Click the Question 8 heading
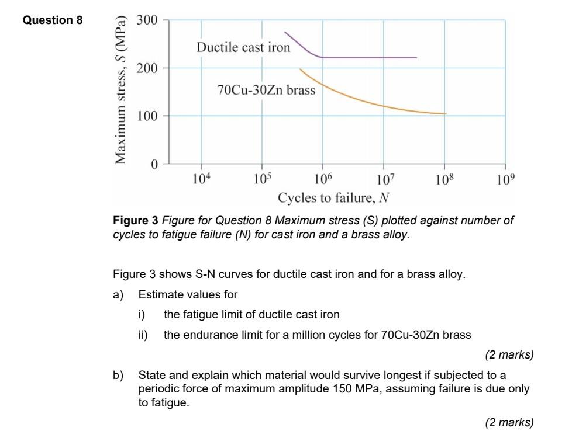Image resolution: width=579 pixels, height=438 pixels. point(53,20)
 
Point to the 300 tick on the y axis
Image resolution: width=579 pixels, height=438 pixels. point(147,20)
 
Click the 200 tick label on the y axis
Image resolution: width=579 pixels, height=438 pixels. point(147,68)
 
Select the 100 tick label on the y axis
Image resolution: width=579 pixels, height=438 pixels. point(147,116)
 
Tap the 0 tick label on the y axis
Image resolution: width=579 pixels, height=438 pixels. point(154,165)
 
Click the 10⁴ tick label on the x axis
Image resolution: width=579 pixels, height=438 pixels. point(200,179)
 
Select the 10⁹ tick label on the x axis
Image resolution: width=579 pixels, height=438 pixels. point(506,179)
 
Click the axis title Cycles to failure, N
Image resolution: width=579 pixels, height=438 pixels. point(333,198)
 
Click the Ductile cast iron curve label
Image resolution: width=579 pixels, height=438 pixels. point(243,47)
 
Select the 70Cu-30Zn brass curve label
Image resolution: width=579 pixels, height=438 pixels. point(266,91)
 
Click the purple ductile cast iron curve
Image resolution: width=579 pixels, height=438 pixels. point(368,58)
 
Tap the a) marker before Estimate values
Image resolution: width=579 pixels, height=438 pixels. point(118,294)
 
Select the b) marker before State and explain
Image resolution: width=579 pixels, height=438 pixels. point(118,374)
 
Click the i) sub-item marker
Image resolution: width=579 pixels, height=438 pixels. point(142,314)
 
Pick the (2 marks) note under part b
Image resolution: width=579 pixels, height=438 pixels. point(509,422)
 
